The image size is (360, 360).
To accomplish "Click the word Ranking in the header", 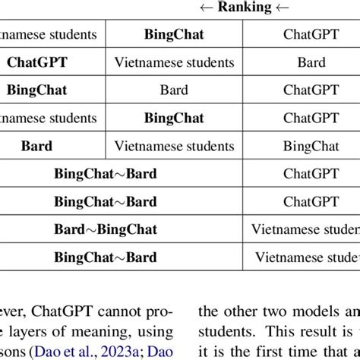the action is (245, 8).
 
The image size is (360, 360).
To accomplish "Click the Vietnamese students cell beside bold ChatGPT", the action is (174, 62).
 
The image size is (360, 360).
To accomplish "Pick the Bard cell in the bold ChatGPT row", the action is (311, 62).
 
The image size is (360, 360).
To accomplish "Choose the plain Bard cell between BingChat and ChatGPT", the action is (174, 90).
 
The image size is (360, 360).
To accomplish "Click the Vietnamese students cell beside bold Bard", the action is (174, 146).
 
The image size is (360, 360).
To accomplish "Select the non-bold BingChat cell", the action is (311, 146).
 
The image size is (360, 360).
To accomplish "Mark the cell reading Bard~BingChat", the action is (105, 229).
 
